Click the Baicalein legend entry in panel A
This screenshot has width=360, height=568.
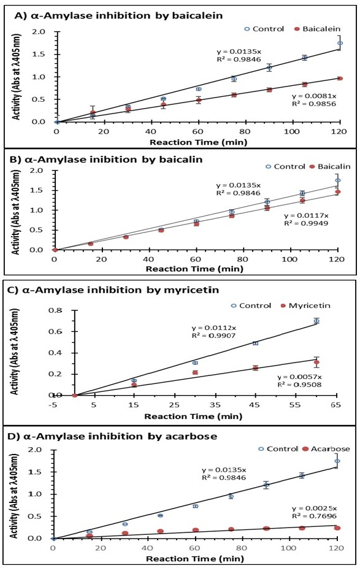click(317, 29)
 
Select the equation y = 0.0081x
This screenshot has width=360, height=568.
click(314, 96)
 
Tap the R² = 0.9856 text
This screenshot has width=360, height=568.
click(314, 104)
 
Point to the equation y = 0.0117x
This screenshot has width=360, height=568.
click(306, 215)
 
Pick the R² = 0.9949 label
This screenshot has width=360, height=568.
click(306, 223)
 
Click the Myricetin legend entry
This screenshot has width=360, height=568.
click(305, 305)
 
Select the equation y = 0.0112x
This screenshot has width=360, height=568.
click(213, 328)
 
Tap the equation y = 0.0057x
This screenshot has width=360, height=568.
click(299, 377)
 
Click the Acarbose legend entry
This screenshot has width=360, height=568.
click(326, 449)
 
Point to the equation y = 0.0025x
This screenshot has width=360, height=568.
click(315, 509)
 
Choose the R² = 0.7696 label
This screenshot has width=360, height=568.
click(315, 516)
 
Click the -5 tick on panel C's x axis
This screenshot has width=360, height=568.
click(53, 405)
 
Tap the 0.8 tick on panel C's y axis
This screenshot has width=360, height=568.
click(56, 310)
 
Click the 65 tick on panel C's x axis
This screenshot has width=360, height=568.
click(335, 405)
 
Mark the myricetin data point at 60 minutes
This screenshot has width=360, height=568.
click(316, 363)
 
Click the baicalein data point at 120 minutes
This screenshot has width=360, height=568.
click(340, 79)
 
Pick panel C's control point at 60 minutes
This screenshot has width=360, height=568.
click(316, 321)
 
